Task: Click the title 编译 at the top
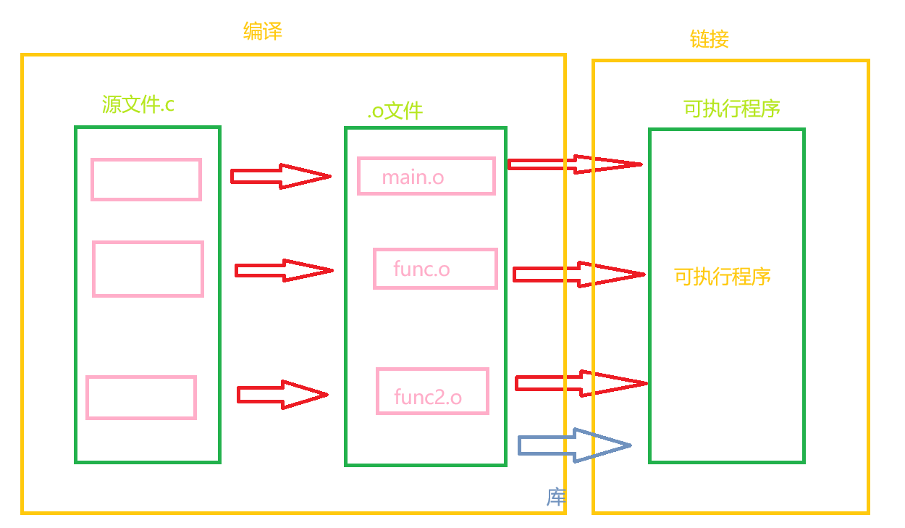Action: (x=263, y=31)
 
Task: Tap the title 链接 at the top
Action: (x=710, y=39)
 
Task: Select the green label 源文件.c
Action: (x=138, y=104)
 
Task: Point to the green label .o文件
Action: (x=395, y=111)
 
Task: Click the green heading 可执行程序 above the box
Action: (x=732, y=109)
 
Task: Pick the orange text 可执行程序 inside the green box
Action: (x=723, y=277)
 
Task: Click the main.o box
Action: (x=426, y=176)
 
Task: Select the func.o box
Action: (x=436, y=269)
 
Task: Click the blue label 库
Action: (x=556, y=498)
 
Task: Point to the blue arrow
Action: (x=575, y=445)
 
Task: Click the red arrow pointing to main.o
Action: (x=281, y=176)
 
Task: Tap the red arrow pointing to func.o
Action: (x=284, y=270)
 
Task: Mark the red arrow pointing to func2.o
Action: (x=282, y=395)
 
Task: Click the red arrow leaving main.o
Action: (x=575, y=164)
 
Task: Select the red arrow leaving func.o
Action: (x=579, y=275)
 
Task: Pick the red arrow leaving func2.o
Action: (x=581, y=383)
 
